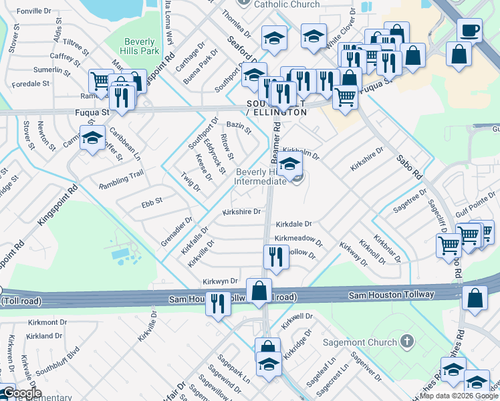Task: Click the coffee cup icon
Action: pyautogui.click(x=470, y=31)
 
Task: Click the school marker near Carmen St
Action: pyautogui.click(x=92, y=139)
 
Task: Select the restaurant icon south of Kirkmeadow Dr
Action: pyautogui.click(x=275, y=255)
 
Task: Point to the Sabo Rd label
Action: pyautogui.click(x=410, y=168)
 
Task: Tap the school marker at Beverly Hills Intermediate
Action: pyautogui.click(x=289, y=164)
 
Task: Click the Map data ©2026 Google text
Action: pyautogui.click(x=459, y=395)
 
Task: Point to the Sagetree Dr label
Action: pyautogui.click(x=410, y=199)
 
